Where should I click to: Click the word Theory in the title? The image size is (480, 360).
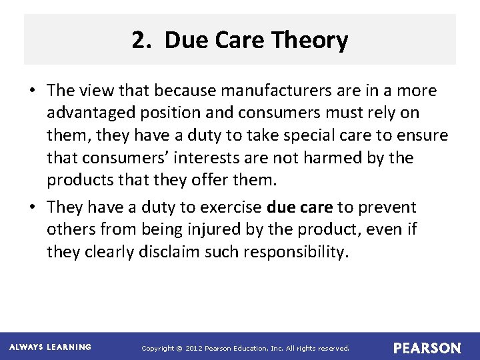pyautogui.click(x=311, y=41)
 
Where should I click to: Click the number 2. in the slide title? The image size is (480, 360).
pyautogui.click(x=142, y=41)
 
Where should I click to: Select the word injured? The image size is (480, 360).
pyautogui.click(x=214, y=230)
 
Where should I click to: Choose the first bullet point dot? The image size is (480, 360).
pyautogui.click(x=34, y=91)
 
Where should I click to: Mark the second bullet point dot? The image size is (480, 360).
pyautogui.click(x=34, y=208)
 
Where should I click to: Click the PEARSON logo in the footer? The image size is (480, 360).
pyautogui.click(x=427, y=348)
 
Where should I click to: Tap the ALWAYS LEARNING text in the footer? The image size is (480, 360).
pyautogui.click(x=50, y=347)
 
